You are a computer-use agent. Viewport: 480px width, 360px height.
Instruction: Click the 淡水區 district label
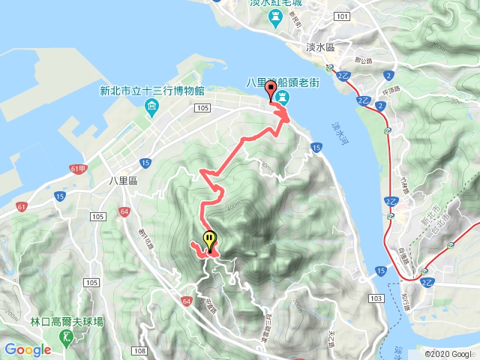324,46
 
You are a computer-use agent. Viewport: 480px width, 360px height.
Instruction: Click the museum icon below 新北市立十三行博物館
152,106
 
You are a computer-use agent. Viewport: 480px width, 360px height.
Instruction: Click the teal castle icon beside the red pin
282,98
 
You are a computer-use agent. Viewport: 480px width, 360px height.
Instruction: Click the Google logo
27,349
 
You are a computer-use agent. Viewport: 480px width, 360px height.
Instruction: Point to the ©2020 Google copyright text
448,354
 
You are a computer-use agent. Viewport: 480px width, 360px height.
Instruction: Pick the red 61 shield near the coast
22,206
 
